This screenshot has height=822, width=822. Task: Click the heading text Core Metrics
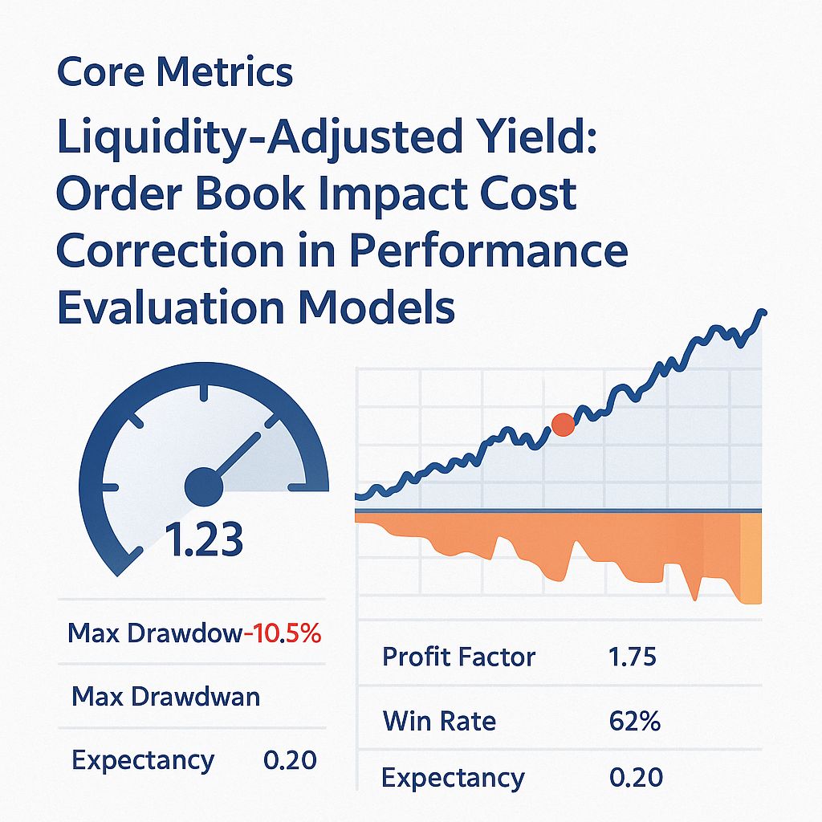pyautogui.click(x=175, y=73)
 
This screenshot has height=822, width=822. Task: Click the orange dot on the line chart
pyautogui.click(x=564, y=425)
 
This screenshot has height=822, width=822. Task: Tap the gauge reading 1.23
pyautogui.click(x=204, y=540)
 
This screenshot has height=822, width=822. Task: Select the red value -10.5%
pyautogui.click(x=282, y=633)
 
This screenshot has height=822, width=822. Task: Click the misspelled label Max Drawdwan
pyautogui.click(x=165, y=696)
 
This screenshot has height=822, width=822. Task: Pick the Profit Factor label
pyautogui.click(x=458, y=657)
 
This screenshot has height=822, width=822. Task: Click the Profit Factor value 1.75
pyautogui.click(x=633, y=657)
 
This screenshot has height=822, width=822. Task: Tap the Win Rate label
pyautogui.click(x=439, y=720)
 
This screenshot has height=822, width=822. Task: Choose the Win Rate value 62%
pyautogui.click(x=634, y=720)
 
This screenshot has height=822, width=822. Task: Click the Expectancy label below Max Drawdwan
pyautogui.click(x=143, y=759)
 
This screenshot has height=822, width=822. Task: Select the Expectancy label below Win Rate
pyautogui.click(x=453, y=777)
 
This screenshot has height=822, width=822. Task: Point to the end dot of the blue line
pyautogui.click(x=762, y=312)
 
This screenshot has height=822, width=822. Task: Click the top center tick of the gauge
pyautogui.click(x=204, y=393)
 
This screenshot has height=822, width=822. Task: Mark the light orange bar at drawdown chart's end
pyautogui.click(x=750, y=558)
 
